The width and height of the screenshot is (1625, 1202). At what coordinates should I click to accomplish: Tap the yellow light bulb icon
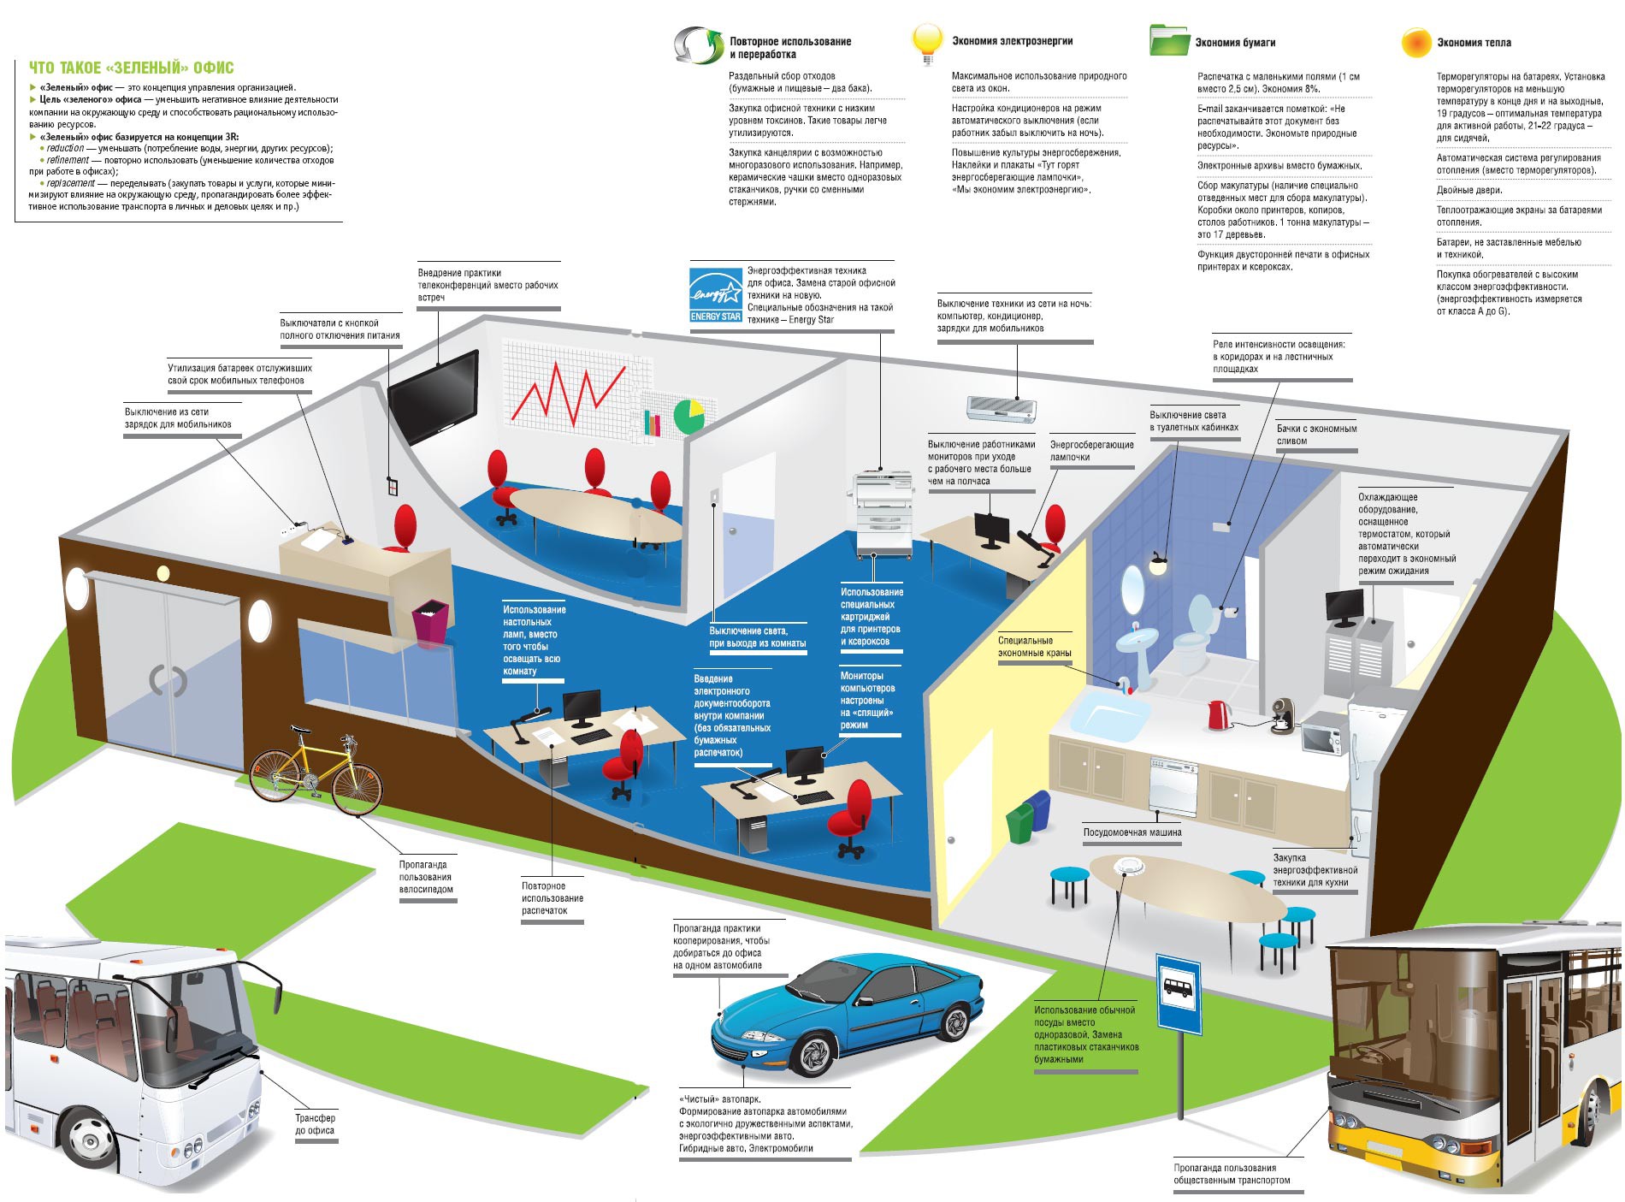927,41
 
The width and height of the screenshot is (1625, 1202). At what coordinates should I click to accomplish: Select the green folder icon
1168,40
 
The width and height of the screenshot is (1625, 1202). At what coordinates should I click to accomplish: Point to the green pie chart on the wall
688,416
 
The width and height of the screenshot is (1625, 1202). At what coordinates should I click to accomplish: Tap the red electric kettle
1216,714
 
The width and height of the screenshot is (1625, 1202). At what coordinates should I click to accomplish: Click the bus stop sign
1179,992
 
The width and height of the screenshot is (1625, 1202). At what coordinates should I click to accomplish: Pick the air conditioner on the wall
1001,408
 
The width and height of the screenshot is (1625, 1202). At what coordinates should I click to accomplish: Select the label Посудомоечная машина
1132,832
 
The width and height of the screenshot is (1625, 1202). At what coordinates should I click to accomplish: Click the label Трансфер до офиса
315,1124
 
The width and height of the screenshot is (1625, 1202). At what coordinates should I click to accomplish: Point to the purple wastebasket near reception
429,625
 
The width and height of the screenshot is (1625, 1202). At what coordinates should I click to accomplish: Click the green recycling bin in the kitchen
1020,823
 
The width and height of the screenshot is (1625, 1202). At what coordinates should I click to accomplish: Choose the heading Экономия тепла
1474,42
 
